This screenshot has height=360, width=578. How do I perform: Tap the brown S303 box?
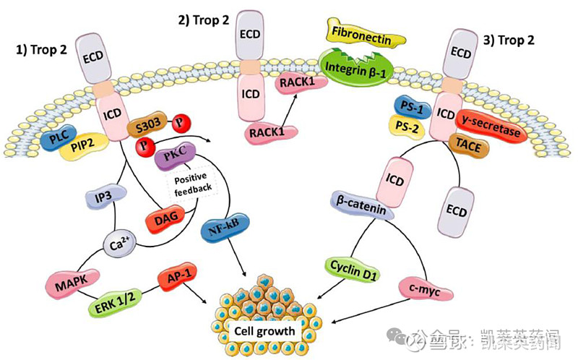[x=147, y=128]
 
